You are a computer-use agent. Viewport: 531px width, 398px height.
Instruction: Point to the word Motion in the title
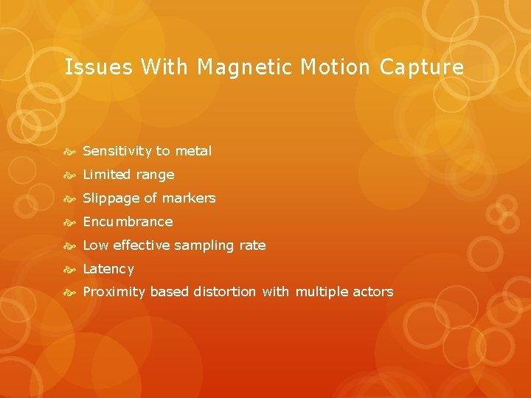point(336,68)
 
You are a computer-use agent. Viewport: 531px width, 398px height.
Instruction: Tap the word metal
point(193,151)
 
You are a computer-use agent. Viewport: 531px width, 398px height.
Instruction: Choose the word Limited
point(108,175)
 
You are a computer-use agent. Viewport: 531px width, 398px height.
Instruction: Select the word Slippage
point(111,198)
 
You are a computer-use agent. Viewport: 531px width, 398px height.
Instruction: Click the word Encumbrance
point(128,222)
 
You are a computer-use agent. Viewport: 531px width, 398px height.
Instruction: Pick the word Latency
point(108,269)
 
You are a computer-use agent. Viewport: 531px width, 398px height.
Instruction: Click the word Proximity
point(114,292)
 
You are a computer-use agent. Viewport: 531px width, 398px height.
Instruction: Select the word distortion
point(225,292)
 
